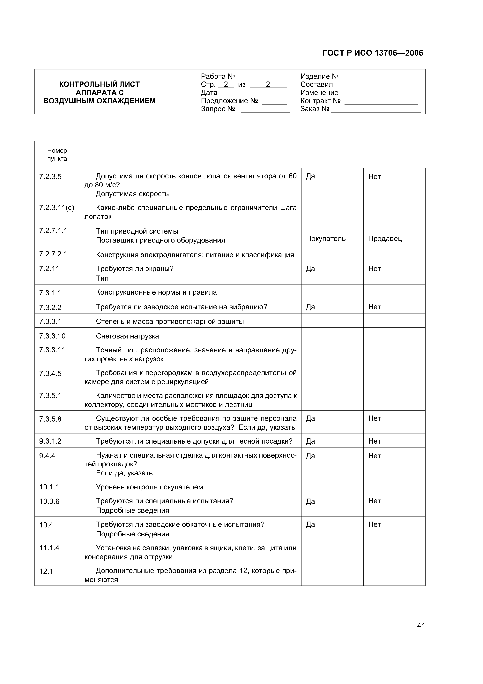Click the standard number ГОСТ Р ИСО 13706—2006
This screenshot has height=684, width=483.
pos(373,53)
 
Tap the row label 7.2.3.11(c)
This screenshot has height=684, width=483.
pos(56,208)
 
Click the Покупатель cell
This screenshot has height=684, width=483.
pos(326,239)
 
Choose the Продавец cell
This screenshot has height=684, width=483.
pos(385,239)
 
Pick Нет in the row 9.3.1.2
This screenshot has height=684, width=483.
pos(374,441)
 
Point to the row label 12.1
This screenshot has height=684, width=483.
pos(46,571)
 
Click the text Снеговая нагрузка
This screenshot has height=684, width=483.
pos(127,336)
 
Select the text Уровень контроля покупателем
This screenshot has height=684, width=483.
pos(149,487)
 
